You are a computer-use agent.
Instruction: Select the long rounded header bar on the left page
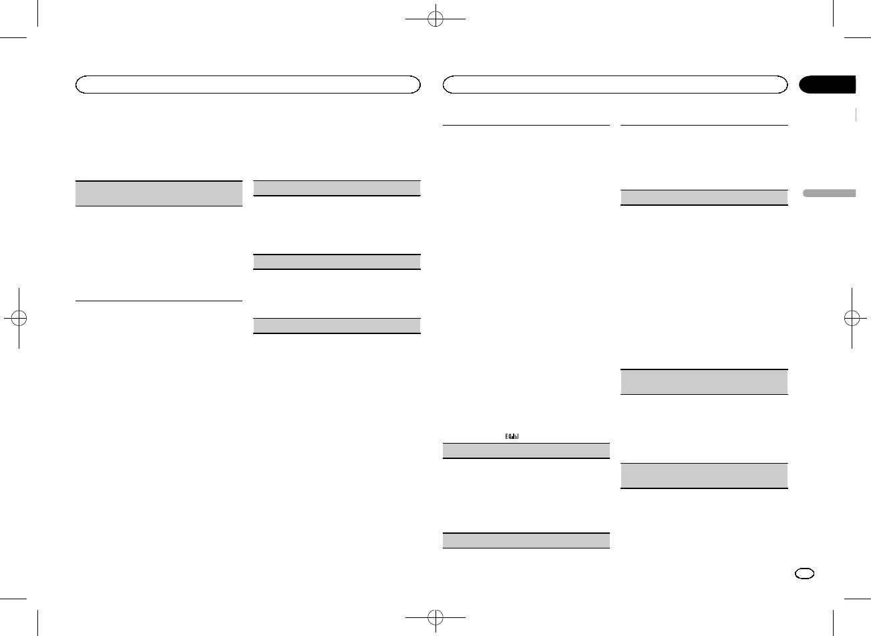[x=248, y=84]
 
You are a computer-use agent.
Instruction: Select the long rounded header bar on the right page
[x=616, y=84]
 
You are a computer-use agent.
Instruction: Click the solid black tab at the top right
[x=828, y=84]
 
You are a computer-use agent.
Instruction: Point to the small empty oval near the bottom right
[x=805, y=575]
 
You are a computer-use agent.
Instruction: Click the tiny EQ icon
[x=512, y=436]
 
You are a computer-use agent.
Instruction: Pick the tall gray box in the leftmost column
[x=159, y=194]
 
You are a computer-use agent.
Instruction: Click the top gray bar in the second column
[x=337, y=188]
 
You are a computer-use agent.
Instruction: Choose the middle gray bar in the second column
[x=337, y=262]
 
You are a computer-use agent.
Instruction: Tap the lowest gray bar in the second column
[x=337, y=326]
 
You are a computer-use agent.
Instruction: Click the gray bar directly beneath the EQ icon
[x=526, y=450]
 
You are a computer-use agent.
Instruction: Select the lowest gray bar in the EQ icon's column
[x=526, y=540]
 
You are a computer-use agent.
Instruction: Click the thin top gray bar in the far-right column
[x=705, y=197]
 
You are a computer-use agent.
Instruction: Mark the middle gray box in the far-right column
[x=705, y=382]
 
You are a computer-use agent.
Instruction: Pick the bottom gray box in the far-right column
[x=705, y=476]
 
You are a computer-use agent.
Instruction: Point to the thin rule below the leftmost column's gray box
[x=159, y=301]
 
